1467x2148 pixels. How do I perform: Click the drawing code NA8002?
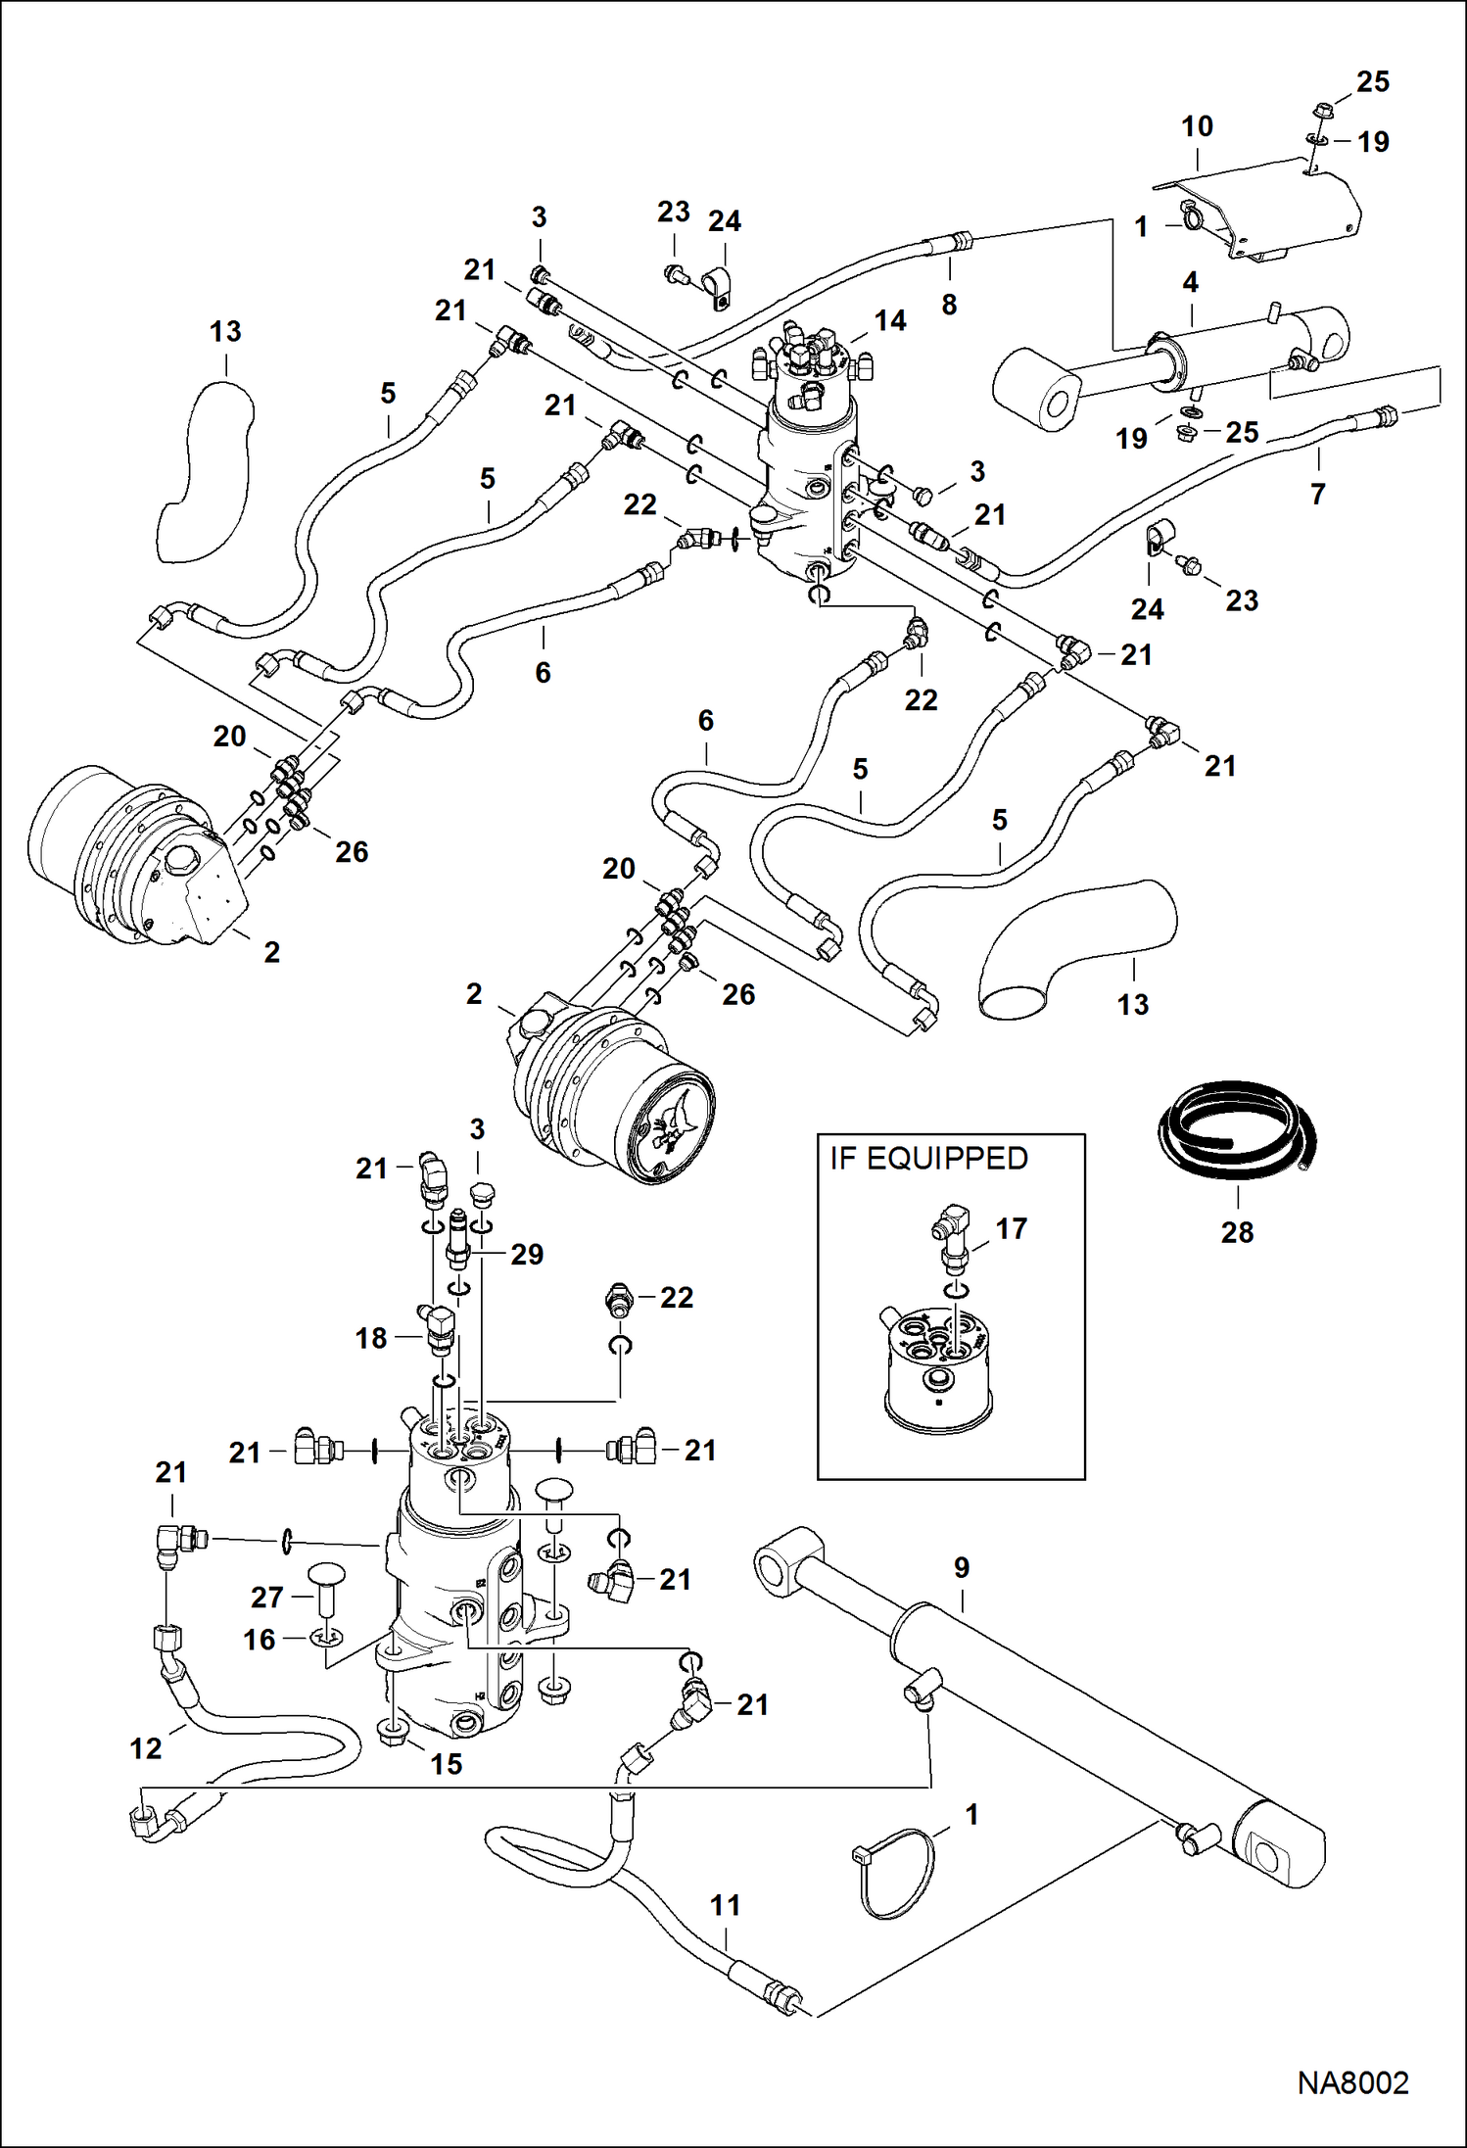coord(1352,2082)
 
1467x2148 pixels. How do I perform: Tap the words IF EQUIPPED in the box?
coord(928,1159)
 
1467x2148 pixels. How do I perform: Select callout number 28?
coord(1237,1232)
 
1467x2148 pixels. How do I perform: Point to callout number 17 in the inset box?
coord(1011,1228)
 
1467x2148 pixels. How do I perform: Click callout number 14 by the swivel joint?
coord(889,321)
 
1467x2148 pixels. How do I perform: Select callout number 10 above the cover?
coord(1197,126)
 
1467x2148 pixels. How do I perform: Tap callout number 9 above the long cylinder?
coord(961,1568)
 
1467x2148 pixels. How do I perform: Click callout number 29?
coord(526,1255)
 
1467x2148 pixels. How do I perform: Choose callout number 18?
coord(370,1338)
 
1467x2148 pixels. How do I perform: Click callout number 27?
coord(266,1598)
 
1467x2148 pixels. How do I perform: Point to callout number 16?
coord(260,1640)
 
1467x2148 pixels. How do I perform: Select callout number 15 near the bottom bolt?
coord(446,1764)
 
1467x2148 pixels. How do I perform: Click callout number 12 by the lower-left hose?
coord(146,1748)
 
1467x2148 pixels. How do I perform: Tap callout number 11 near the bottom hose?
coord(725,1905)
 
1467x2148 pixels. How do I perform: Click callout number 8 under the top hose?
coord(948,305)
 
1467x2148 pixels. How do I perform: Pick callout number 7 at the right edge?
coord(1317,494)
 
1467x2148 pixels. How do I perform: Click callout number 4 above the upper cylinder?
coord(1190,283)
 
